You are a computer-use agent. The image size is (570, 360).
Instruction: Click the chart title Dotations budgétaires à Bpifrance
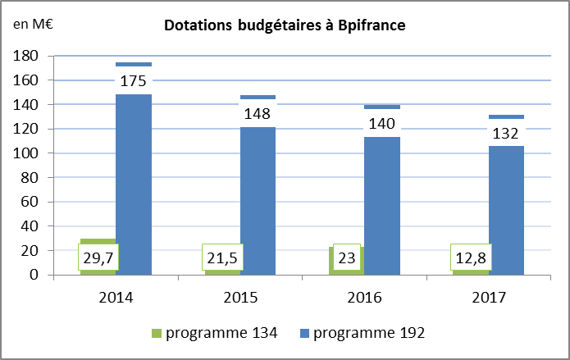pyautogui.click(x=285, y=25)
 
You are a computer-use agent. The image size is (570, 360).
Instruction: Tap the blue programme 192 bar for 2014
pyautogui.click(x=134, y=189)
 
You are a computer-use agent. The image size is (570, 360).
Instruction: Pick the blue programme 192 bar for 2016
pyautogui.click(x=382, y=197)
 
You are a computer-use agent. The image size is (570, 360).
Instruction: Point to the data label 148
pyautogui.click(x=258, y=112)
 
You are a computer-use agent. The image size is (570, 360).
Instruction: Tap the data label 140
pyautogui.click(x=382, y=124)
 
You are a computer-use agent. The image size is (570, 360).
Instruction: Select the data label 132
pyautogui.click(x=506, y=133)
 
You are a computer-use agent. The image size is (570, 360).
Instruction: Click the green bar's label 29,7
pyautogui.click(x=98, y=257)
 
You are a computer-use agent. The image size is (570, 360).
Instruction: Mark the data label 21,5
pyautogui.click(x=221, y=257)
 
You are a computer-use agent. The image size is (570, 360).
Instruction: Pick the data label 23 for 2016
pyautogui.click(x=346, y=257)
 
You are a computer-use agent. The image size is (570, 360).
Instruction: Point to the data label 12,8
pyautogui.click(x=470, y=257)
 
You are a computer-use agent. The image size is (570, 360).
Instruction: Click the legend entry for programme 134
pyautogui.click(x=214, y=333)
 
